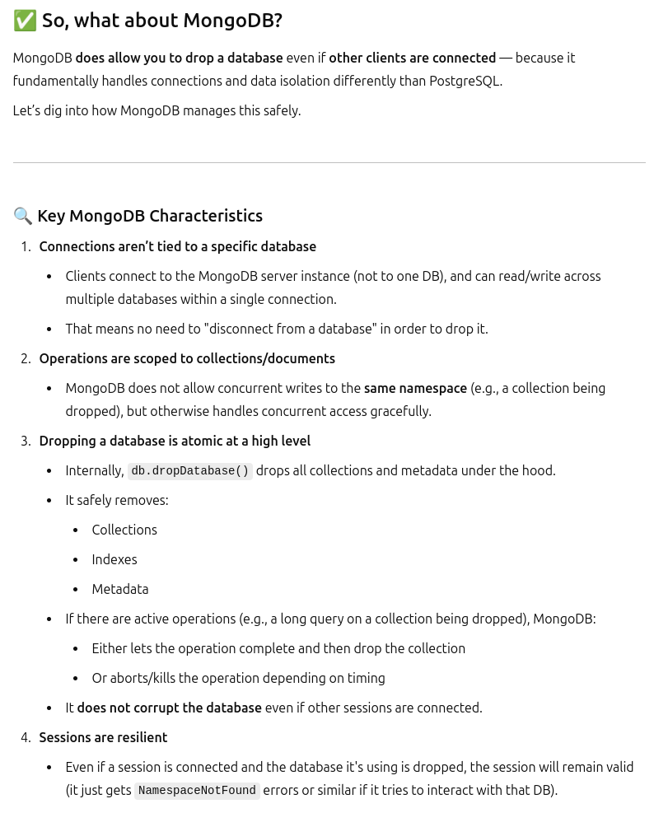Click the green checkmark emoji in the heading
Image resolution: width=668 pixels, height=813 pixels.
[x=25, y=21]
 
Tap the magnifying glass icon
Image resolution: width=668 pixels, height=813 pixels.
[x=23, y=216]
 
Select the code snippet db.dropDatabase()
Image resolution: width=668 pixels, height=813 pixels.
[x=190, y=471]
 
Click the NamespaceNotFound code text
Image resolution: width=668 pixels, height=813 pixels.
[x=197, y=791]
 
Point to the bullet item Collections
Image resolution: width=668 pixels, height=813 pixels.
[x=124, y=530]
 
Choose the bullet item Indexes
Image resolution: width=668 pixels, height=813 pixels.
[x=114, y=559]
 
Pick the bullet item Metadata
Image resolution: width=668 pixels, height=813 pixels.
[x=120, y=589]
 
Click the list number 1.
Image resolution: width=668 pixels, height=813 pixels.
[x=25, y=246]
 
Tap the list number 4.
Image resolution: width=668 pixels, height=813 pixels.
[x=25, y=737]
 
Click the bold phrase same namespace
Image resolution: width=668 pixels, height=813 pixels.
[x=415, y=388]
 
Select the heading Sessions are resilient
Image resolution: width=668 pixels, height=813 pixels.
[x=103, y=737]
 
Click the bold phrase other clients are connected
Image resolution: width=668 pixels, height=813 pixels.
[x=412, y=58]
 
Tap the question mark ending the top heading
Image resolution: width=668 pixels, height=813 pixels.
[x=278, y=21]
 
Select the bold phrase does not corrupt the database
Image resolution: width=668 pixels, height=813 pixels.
[x=169, y=708]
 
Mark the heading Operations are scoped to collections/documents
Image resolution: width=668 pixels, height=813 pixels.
[x=187, y=358]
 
